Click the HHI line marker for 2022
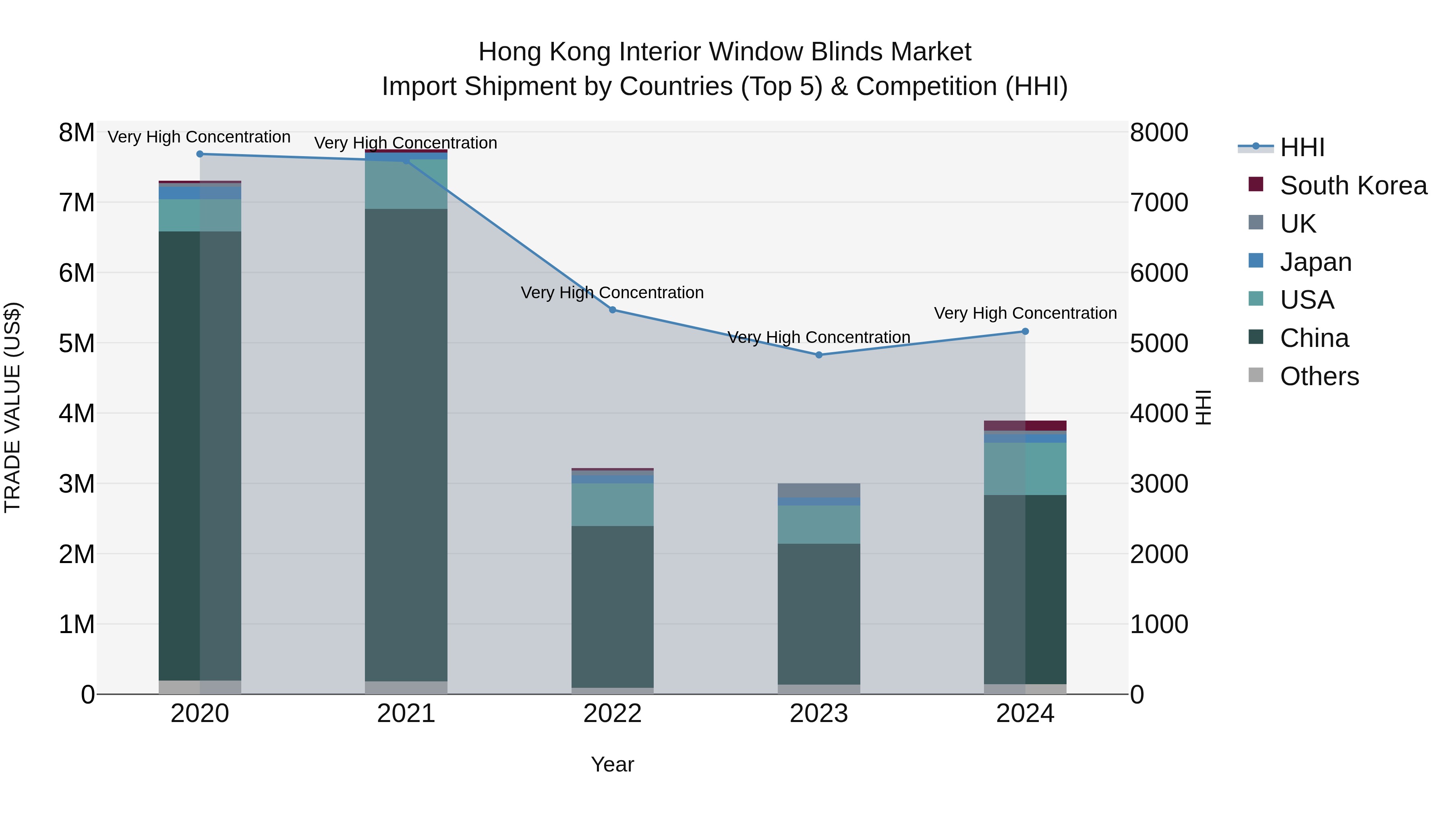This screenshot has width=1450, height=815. point(612,310)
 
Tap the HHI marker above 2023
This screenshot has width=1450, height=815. point(819,355)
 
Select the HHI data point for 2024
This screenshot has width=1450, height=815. point(1025,331)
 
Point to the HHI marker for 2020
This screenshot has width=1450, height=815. point(200,154)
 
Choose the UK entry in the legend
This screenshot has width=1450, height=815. point(1297,224)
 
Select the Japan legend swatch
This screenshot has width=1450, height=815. point(1256,261)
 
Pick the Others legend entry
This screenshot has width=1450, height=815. point(1319,376)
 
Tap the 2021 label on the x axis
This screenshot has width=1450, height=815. point(406,714)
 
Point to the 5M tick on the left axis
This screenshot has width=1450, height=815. point(77,343)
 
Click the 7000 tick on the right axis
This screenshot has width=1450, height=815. point(1158,202)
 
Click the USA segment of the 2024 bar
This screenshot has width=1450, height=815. point(1025,468)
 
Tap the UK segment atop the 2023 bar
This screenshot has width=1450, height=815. point(819,490)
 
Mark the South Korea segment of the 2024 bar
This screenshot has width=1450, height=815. point(1025,426)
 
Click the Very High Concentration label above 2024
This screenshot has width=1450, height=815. point(1025,313)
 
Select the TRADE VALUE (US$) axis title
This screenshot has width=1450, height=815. point(13,407)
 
